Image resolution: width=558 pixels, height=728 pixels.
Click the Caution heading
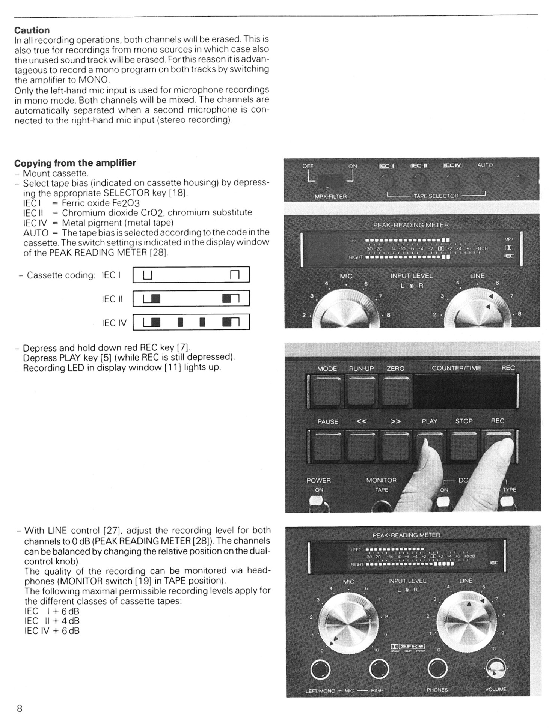point(32,30)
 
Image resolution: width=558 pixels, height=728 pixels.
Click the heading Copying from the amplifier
point(75,163)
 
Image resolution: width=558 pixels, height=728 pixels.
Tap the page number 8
point(20,708)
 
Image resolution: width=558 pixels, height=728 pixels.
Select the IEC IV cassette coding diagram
point(191,322)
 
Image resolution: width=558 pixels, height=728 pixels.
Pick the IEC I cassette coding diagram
point(191,275)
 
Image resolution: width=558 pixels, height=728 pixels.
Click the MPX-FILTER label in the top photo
point(330,196)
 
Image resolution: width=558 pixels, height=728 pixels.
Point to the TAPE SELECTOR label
point(436,196)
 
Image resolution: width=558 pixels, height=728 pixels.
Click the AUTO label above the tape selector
point(485,165)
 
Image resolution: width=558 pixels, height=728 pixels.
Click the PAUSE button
point(327,445)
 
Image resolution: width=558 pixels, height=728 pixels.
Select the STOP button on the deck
point(464,445)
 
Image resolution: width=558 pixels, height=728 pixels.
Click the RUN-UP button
point(361,392)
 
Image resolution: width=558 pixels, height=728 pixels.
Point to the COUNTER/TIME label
point(456,368)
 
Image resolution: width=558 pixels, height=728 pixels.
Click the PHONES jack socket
point(437,669)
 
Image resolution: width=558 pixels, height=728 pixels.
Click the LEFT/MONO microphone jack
point(320,669)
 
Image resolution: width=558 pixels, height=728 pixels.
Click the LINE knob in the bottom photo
point(465,625)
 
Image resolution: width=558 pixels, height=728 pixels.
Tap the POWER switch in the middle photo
point(318,502)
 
